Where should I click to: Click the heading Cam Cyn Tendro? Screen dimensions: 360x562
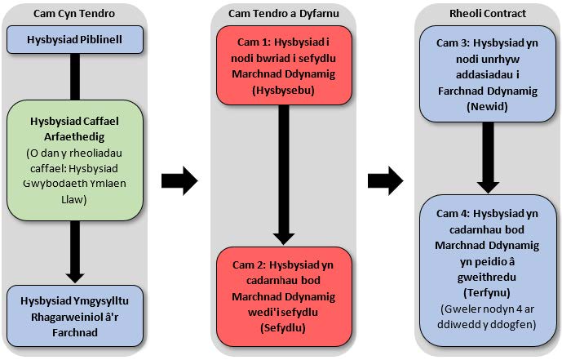[73, 14]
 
